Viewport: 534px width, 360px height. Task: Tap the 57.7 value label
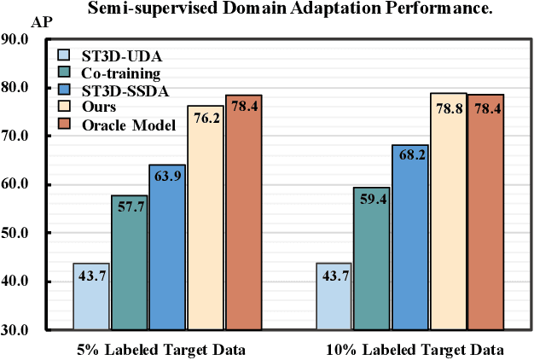(129, 207)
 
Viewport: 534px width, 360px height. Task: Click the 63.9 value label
(167, 177)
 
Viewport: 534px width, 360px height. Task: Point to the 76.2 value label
(206, 118)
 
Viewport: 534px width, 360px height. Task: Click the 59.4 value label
(372, 200)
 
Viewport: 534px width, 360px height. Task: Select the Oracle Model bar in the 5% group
(243, 213)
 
